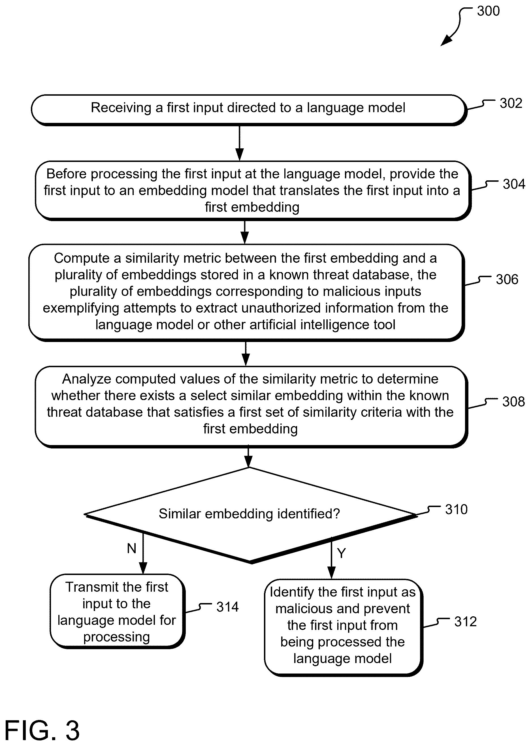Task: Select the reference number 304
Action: coord(514,184)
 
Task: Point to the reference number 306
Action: coord(507,279)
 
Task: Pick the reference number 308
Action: coord(513,402)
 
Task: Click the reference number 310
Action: coord(456,510)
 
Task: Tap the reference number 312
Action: coord(465,622)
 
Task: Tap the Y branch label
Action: coord(341,553)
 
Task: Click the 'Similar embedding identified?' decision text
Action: coord(249,514)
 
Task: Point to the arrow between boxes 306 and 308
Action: coord(246,353)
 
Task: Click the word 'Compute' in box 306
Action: coord(81,258)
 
